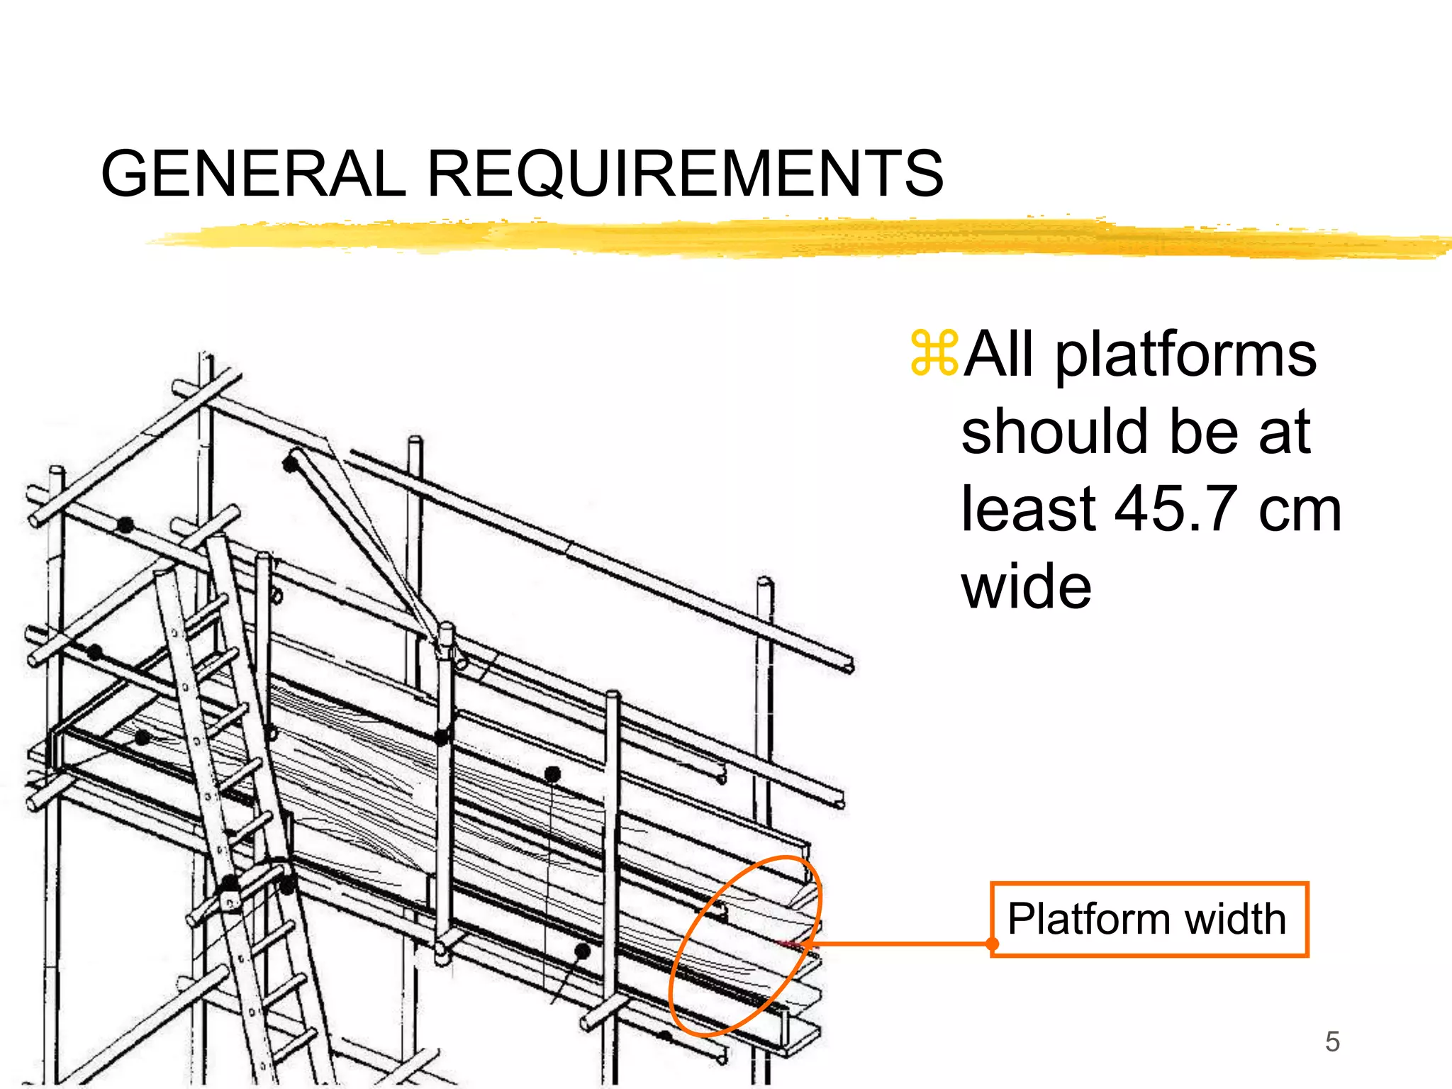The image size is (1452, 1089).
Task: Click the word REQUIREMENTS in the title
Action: [x=685, y=174]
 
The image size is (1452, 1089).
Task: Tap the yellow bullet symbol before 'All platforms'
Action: [x=934, y=352]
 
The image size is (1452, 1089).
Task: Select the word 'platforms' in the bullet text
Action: [x=1185, y=356]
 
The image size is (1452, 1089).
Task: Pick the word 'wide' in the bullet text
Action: [x=1026, y=586]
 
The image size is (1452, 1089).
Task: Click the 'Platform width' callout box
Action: [x=1149, y=920]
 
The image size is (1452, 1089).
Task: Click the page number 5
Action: [x=1332, y=1041]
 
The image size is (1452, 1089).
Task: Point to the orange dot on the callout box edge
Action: [x=993, y=944]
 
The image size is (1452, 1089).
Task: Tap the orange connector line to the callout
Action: [x=900, y=944]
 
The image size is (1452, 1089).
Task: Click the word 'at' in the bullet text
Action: [x=1284, y=432]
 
